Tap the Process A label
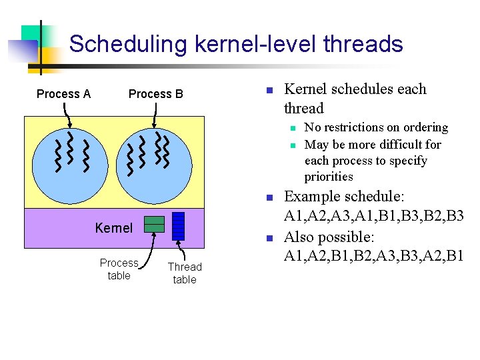(x=63, y=94)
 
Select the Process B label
(x=155, y=94)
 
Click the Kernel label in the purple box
(x=114, y=228)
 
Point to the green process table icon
(x=155, y=224)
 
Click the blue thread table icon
(x=178, y=225)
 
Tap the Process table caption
(x=119, y=269)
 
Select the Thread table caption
(x=185, y=273)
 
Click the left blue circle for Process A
(x=72, y=160)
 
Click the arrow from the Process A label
(x=69, y=116)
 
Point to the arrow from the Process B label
(x=154, y=116)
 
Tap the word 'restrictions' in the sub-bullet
(x=355, y=127)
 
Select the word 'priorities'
(x=329, y=177)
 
